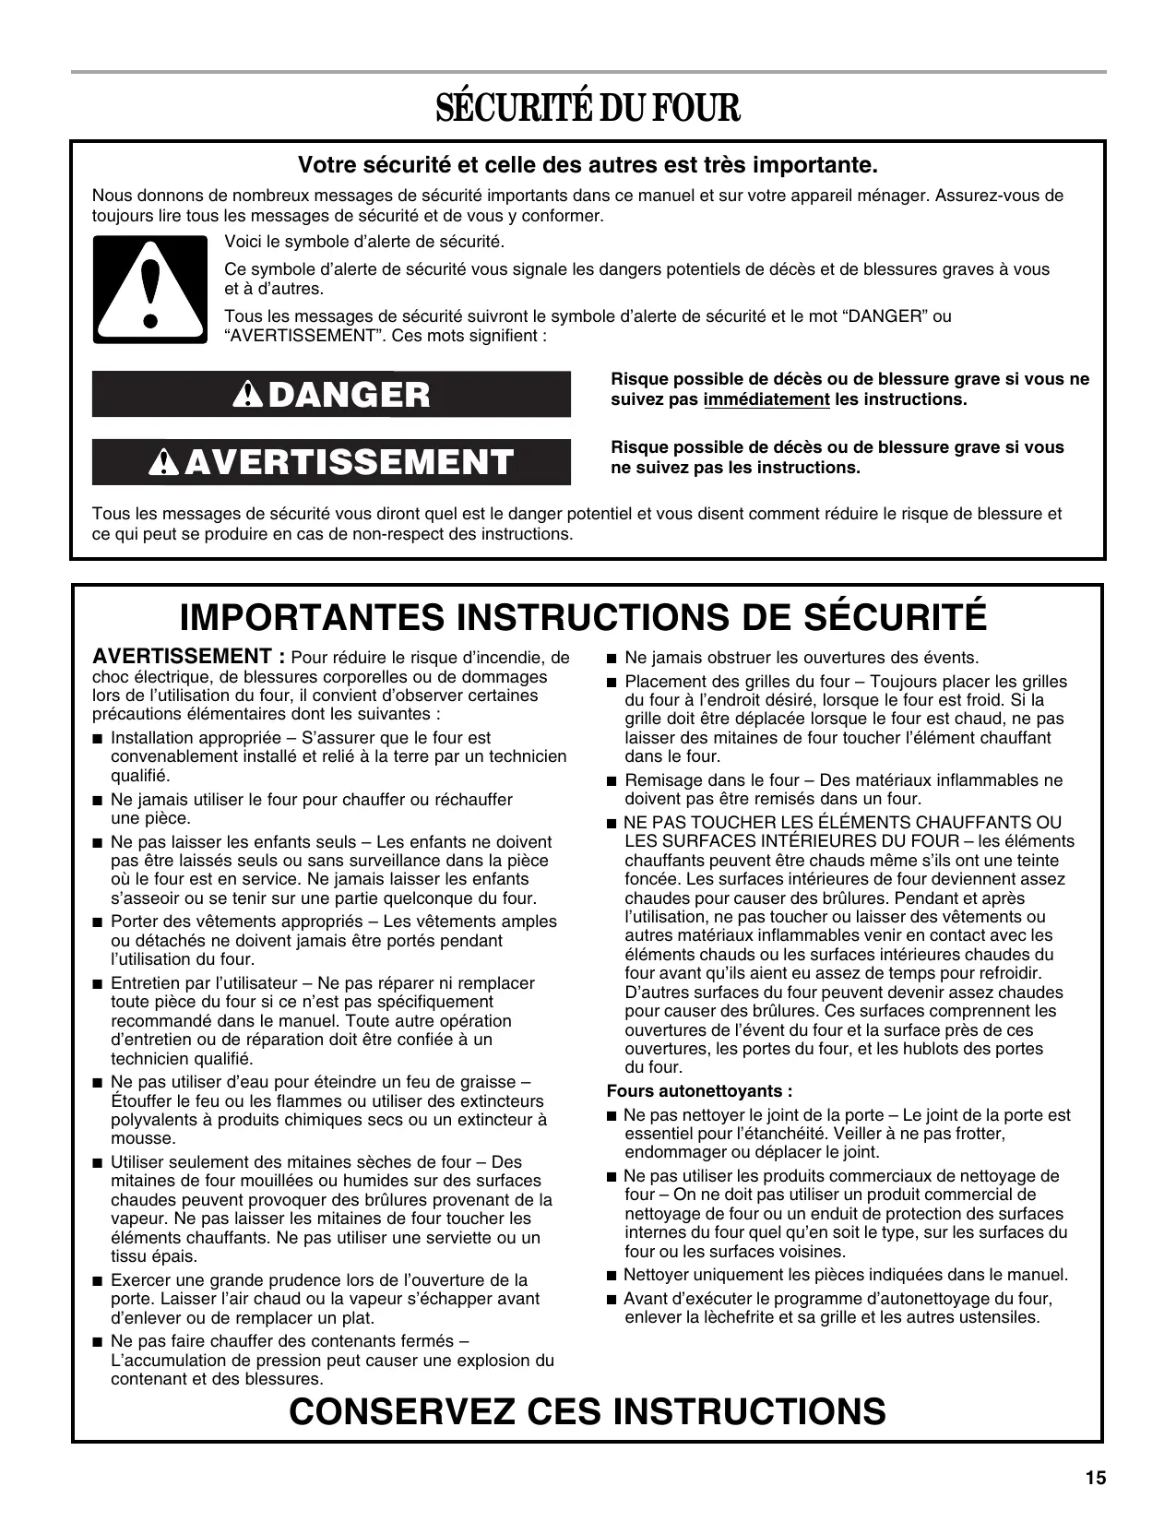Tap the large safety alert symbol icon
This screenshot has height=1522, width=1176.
coord(149,290)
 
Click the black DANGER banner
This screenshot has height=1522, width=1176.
coord(331,395)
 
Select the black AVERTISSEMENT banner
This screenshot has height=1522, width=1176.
coord(331,462)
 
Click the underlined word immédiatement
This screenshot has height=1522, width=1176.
coord(766,399)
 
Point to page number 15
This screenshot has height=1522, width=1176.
coord(1095,1479)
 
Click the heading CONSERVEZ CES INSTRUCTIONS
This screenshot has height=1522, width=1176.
coord(588,1411)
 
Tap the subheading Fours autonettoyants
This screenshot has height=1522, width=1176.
coord(699,1091)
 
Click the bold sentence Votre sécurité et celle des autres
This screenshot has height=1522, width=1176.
coord(588,166)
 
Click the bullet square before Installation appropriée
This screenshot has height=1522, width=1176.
coord(98,739)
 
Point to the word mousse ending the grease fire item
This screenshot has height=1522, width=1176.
coord(137,1138)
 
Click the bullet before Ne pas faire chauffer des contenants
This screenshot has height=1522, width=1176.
coord(98,1342)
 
